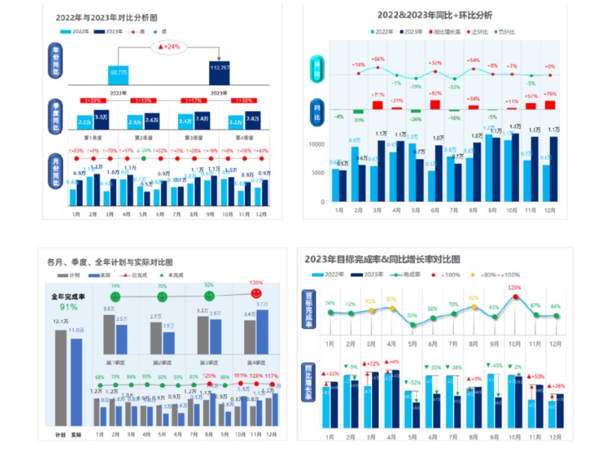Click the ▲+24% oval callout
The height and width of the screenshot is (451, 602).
[169, 46]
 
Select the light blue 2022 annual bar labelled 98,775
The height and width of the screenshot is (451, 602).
[118, 73]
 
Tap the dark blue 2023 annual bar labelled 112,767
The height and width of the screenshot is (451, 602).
[219, 73]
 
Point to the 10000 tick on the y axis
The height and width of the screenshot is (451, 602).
[316, 144]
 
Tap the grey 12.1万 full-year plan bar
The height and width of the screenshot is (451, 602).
[60, 378]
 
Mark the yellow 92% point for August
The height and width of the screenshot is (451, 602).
[472, 307]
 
